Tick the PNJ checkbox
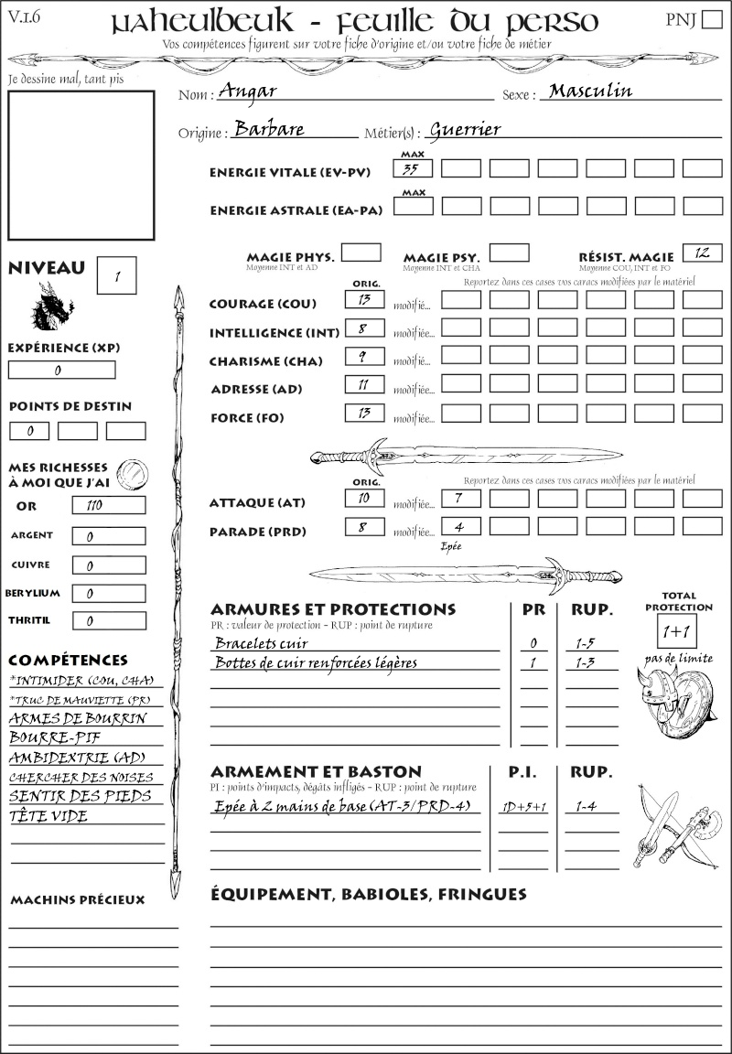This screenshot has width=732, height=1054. [x=710, y=20]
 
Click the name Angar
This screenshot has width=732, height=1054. [x=248, y=91]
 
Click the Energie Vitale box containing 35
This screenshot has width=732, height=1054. [x=414, y=168]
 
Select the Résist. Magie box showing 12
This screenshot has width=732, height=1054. [x=702, y=253]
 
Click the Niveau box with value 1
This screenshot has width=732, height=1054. [x=116, y=274]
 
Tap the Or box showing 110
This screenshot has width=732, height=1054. [x=108, y=505]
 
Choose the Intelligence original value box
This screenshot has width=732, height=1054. [x=364, y=328]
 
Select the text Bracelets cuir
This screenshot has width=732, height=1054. [x=261, y=643]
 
